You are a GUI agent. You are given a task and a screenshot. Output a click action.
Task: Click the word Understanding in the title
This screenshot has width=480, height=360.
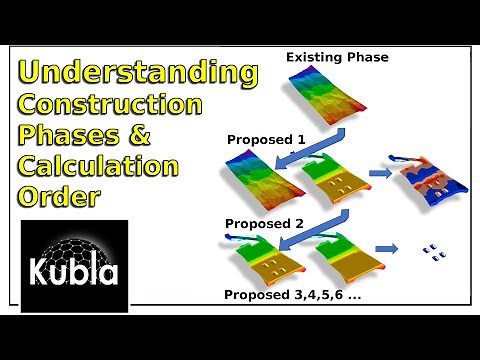point(137,73)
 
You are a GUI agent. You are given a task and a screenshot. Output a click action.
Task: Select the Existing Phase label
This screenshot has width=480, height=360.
point(337,58)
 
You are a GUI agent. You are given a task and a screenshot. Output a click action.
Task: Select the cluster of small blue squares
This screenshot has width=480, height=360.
point(432,252)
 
